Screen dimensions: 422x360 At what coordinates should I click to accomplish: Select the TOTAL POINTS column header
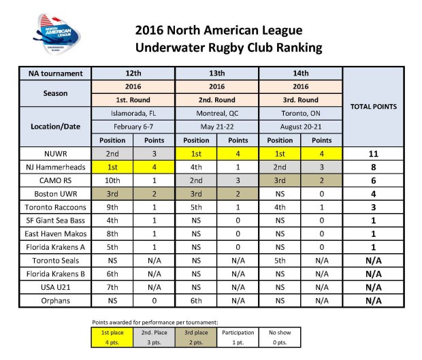pyautogui.click(x=372, y=107)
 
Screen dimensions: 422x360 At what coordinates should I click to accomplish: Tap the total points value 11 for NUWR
pyautogui.click(x=372, y=154)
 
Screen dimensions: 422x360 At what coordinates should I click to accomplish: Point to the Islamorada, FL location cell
pyautogui.click(x=133, y=113)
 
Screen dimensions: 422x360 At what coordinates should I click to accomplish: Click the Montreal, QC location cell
pyautogui.click(x=217, y=113)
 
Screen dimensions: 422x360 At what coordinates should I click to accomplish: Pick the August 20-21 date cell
pyautogui.click(x=301, y=126)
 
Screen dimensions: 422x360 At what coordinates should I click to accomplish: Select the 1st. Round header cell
pyautogui.click(x=133, y=99)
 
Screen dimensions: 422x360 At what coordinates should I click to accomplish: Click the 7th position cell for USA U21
pyautogui.click(x=112, y=287)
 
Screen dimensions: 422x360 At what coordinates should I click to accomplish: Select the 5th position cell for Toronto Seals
pyautogui.click(x=280, y=260)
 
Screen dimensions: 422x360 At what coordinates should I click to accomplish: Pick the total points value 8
pyautogui.click(x=372, y=166)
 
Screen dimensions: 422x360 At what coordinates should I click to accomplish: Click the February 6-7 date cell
pyautogui.click(x=133, y=126)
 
